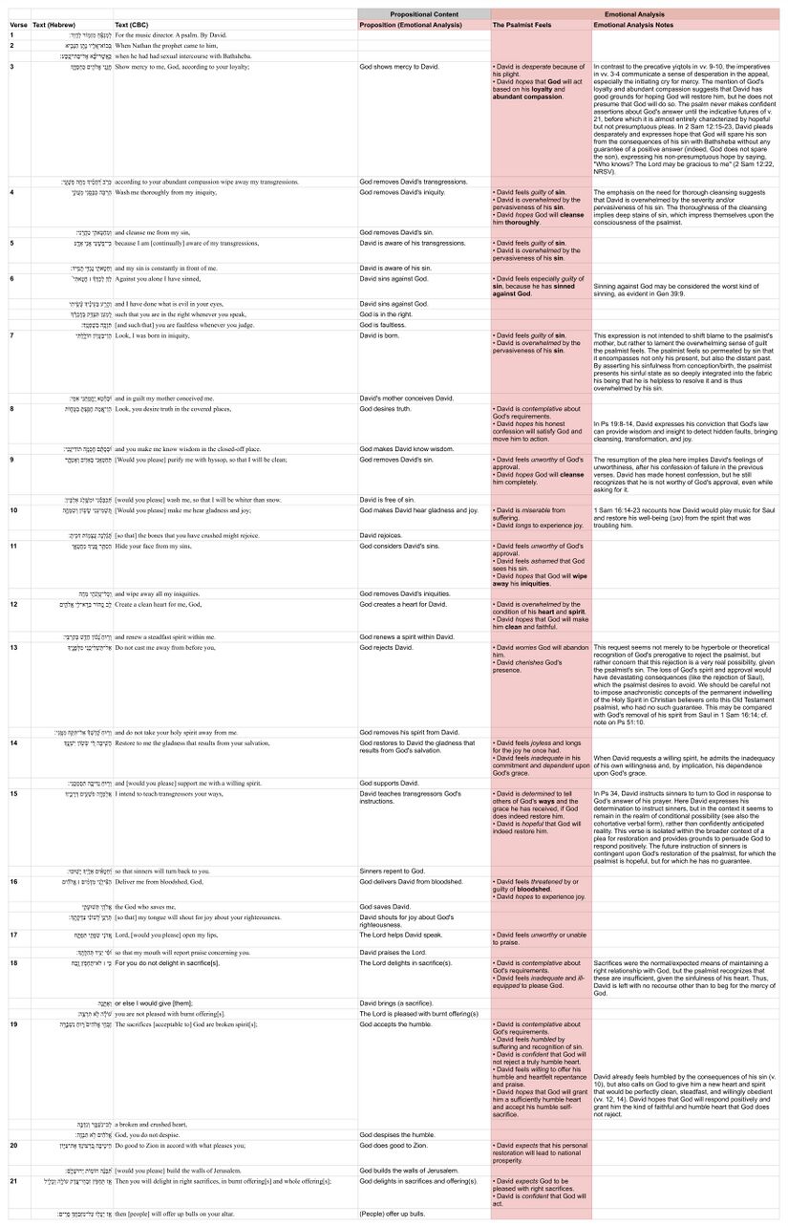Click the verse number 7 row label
(x=11, y=336)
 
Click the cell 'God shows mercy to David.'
(x=400, y=68)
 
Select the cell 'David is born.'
(x=382, y=336)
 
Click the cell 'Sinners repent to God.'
(x=392, y=871)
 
